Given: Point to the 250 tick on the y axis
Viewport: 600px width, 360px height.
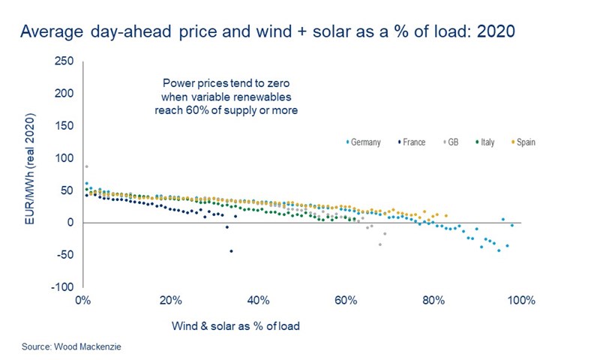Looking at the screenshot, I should (x=64, y=61).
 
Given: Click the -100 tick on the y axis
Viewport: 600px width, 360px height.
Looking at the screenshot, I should (x=61, y=287).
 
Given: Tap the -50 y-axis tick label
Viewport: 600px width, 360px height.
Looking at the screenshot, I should (x=64, y=255).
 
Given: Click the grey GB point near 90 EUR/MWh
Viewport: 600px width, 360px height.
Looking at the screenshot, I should (x=86, y=166).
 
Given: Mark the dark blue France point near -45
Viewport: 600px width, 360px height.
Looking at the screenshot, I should (x=231, y=251).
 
